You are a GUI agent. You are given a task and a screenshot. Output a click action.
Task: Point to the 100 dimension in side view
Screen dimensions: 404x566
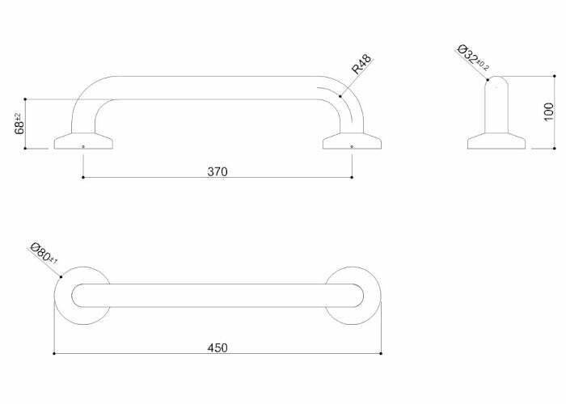(x=548, y=112)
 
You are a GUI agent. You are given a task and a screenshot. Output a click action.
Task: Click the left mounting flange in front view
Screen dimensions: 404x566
(x=83, y=141)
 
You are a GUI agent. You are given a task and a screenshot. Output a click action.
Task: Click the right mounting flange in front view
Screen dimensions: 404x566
(x=352, y=141)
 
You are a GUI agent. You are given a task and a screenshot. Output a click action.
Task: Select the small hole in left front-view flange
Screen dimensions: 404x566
(x=83, y=146)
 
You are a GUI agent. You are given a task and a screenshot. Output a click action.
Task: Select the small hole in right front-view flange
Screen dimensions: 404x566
(x=352, y=146)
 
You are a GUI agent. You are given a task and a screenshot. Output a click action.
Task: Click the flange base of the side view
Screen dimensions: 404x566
(x=497, y=142)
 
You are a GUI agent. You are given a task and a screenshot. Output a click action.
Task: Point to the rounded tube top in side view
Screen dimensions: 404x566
(x=497, y=85)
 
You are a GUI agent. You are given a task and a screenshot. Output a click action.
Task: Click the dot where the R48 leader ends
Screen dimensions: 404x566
(x=340, y=96)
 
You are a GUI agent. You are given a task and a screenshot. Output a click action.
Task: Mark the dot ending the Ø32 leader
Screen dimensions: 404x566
(x=488, y=79)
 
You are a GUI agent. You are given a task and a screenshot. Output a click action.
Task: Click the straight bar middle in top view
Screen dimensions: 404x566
(x=217, y=294)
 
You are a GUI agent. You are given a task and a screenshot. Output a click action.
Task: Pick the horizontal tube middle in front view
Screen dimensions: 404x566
(x=217, y=88)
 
